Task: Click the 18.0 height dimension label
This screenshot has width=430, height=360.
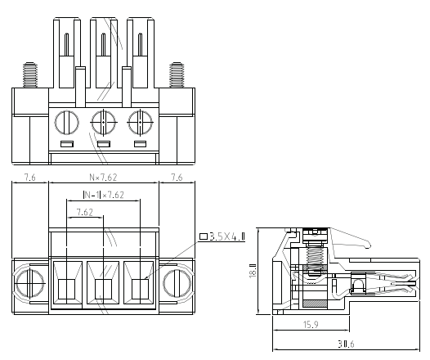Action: click(253, 270)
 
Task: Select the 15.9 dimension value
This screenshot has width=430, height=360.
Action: click(311, 325)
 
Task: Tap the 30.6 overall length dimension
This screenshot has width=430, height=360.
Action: click(346, 344)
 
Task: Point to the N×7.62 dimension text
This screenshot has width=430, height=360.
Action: click(103, 178)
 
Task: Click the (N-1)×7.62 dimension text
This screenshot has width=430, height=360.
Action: click(103, 195)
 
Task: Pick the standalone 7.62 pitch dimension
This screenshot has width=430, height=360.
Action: click(85, 212)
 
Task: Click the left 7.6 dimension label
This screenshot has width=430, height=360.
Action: click(30, 178)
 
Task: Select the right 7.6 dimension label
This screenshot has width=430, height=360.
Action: click(177, 178)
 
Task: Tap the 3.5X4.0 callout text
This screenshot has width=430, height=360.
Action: click(227, 236)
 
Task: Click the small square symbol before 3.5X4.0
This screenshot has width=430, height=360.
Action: click(204, 236)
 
